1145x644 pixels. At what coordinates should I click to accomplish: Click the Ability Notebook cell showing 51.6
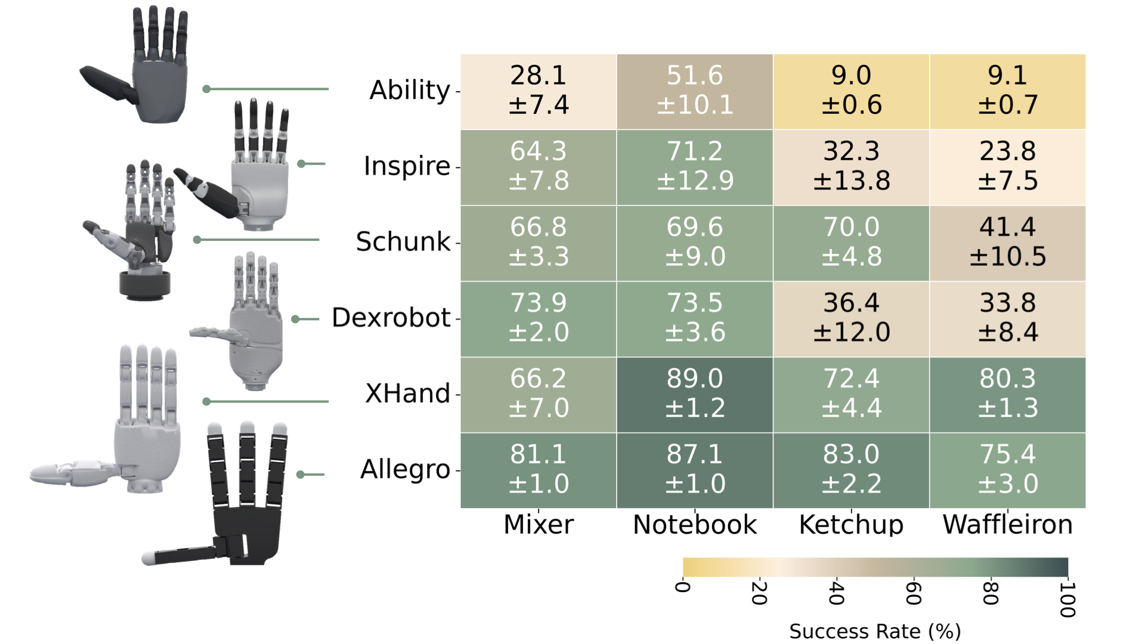click(695, 91)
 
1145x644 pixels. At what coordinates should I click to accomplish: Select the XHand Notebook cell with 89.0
click(695, 394)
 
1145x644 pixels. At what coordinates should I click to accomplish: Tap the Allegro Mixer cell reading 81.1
click(539, 470)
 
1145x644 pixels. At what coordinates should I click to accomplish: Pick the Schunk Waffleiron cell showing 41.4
click(1007, 243)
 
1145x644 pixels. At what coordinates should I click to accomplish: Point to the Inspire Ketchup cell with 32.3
click(851, 167)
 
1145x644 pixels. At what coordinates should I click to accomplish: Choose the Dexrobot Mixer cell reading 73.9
click(539, 318)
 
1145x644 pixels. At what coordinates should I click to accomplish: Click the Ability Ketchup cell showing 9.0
click(851, 91)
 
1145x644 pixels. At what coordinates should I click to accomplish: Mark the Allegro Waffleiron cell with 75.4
click(1007, 470)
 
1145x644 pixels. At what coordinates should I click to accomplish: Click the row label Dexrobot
click(391, 318)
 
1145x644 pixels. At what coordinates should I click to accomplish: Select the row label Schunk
click(403, 242)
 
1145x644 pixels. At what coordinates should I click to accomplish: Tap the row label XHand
click(407, 394)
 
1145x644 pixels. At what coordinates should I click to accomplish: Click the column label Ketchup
click(851, 525)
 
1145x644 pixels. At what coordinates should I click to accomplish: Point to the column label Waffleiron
click(1007, 525)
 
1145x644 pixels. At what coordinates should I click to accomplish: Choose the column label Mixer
click(539, 525)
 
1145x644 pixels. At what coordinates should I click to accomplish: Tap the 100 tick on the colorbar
click(1067, 599)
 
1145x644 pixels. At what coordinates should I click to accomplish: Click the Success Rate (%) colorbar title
click(875, 631)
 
